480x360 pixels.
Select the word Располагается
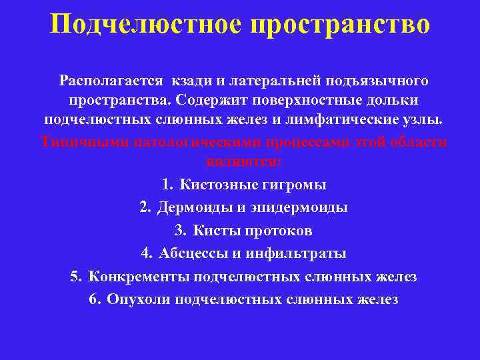click(111, 81)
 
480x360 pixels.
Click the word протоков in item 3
click(279, 231)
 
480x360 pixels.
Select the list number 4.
click(145, 253)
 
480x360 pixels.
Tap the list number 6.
click(93, 299)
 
